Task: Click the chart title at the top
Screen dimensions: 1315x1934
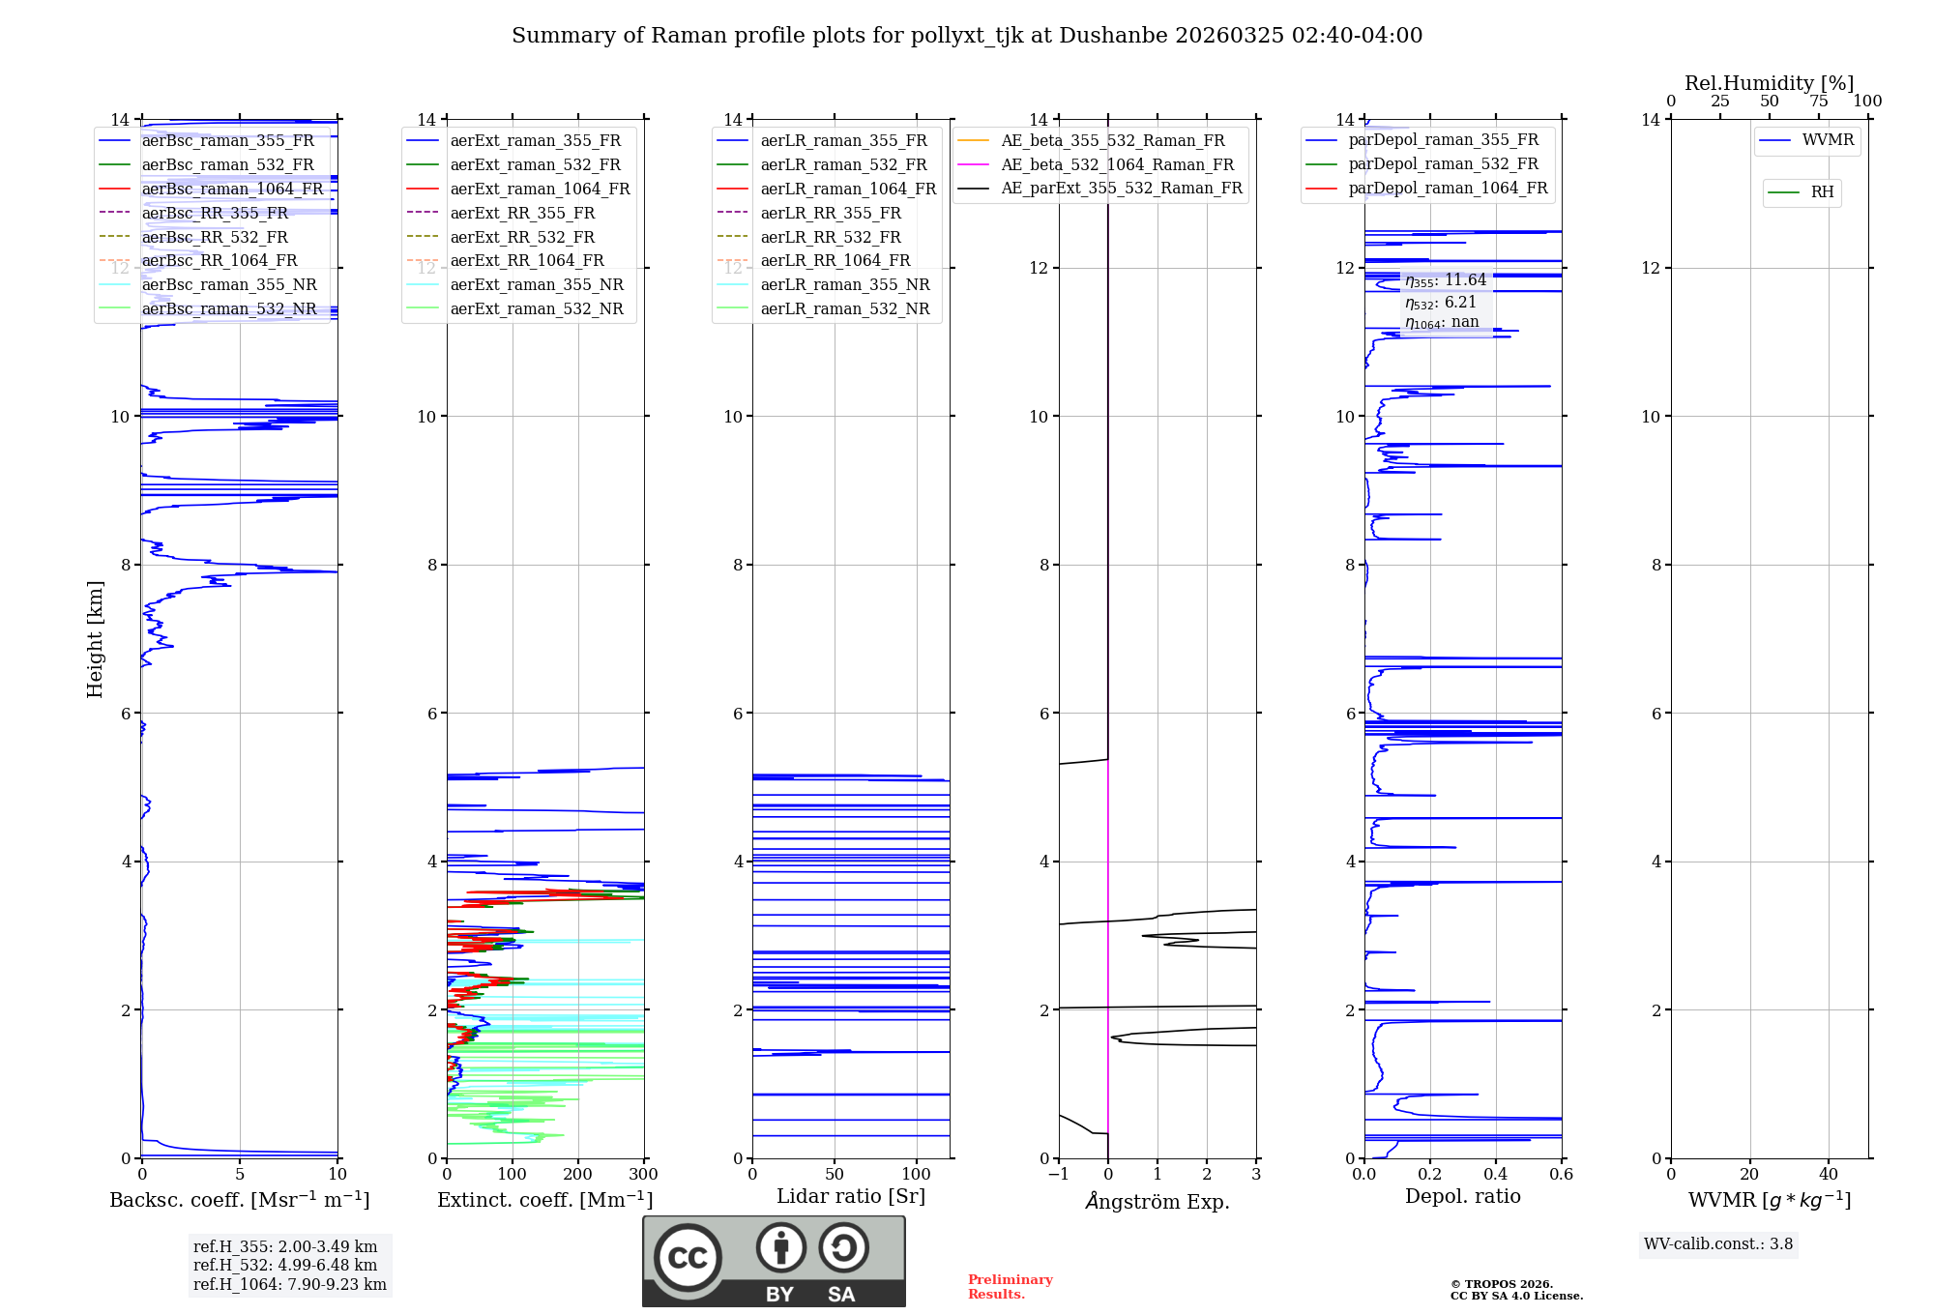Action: point(967,36)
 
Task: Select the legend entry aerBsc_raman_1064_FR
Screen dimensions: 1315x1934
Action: point(232,189)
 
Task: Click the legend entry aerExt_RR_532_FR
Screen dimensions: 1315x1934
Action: point(522,237)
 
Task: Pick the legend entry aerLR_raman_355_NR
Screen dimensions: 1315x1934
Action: point(844,284)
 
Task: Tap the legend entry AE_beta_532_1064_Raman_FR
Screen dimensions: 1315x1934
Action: point(1117,164)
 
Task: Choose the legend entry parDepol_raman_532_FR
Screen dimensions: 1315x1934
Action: point(1443,164)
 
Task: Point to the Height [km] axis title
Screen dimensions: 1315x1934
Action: point(95,639)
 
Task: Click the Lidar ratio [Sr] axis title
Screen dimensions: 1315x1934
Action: point(851,1196)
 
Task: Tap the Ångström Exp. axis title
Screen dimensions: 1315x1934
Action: point(1157,1202)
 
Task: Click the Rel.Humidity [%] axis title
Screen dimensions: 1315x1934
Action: point(1769,83)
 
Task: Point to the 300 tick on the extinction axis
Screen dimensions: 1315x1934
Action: point(643,1175)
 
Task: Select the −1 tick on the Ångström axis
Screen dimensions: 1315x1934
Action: point(1058,1175)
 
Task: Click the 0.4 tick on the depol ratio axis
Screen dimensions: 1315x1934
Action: point(1496,1175)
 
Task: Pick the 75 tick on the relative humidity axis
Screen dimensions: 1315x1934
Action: point(1818,102)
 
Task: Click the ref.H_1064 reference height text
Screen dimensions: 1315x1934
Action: point(290,1284)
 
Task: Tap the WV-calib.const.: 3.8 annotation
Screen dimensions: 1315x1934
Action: point(1718,1244)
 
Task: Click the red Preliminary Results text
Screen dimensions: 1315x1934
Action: point(1010,1287)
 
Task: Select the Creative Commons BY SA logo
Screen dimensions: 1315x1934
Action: point(774,1261)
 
